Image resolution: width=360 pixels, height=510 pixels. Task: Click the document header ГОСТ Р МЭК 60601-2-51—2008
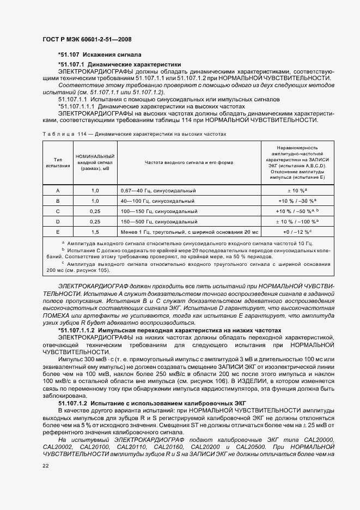point(87,39)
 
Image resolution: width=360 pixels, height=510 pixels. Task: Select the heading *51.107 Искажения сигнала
point(100,55)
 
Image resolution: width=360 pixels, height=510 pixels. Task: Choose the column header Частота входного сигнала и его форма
point(189,163)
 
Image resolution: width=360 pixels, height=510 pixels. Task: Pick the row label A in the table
point(58,191)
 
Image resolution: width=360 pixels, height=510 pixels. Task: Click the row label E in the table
point(58,232)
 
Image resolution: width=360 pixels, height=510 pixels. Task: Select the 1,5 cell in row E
point(95,232)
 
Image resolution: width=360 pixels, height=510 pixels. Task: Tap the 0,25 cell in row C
point(95,211)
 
